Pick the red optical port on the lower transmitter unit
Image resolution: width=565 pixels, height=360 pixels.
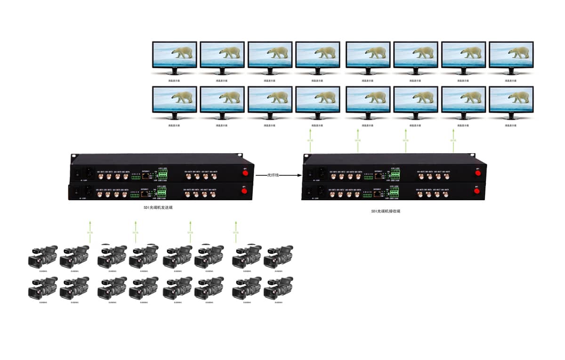point(244,191)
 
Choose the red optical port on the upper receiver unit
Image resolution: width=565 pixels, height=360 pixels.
point(477,173)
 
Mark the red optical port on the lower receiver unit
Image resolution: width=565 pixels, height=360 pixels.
point(477,191)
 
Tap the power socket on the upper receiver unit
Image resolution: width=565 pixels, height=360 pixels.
point(322,172)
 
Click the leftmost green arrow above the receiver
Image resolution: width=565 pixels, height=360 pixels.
point(310,140)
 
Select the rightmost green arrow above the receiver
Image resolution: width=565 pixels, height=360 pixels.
point(453,140)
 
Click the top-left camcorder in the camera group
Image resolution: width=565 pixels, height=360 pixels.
point(42,256)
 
